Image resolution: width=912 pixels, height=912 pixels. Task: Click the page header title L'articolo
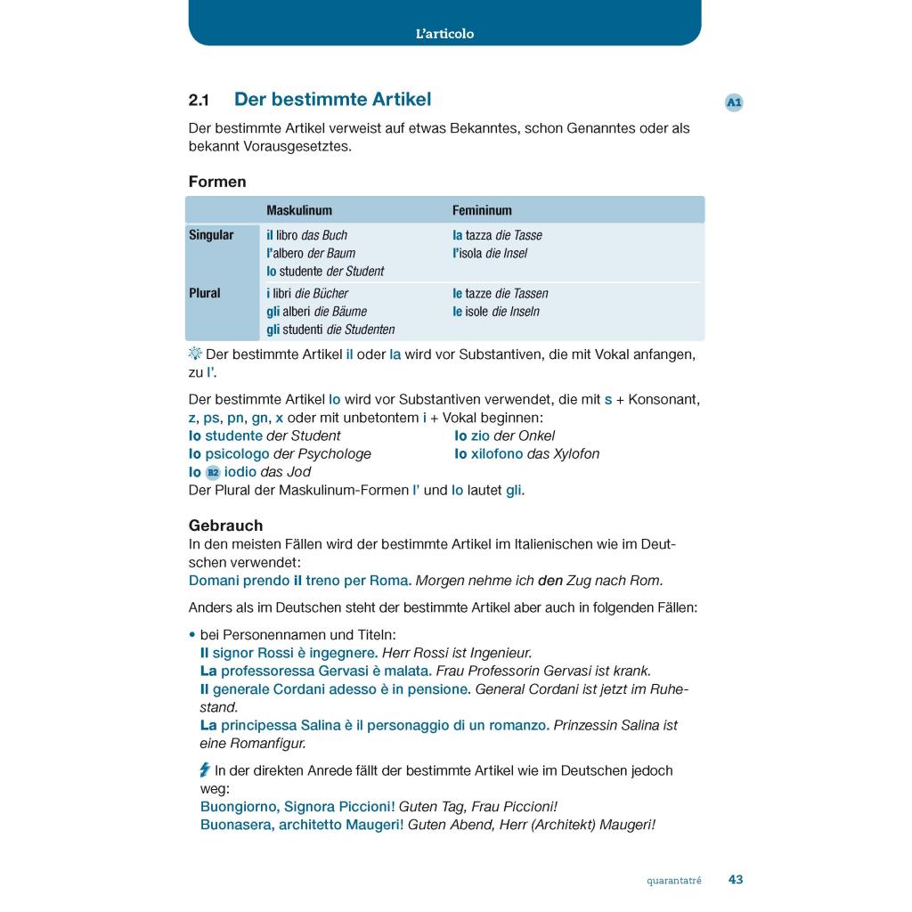(x=444, y=34)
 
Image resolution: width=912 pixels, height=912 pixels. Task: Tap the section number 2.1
(x=199, y=101)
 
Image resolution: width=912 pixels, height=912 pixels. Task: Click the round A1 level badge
(x=734, y=102)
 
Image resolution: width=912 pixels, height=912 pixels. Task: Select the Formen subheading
(x=217, y=182)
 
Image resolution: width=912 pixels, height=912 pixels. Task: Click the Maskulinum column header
(x=299, y=210)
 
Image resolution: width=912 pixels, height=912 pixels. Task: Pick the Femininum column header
(x=482, y=210)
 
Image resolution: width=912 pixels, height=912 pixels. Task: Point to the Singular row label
(x=211, y=235)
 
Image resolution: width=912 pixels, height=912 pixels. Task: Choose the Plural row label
(x=205, y=293)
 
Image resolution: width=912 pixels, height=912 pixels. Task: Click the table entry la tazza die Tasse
(x=497, y=235)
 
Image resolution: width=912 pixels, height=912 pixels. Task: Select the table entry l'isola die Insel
(x=490, y=253)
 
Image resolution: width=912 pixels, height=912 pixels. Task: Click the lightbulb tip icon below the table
(x=196, y=354)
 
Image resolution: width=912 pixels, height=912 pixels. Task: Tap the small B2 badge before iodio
(x=213, y=472)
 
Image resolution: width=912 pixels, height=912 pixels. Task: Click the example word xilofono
(x=497, y=453)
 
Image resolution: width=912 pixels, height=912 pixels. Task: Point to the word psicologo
(x=237, y=453)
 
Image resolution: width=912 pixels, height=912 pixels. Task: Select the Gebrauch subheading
(x=225, y=525)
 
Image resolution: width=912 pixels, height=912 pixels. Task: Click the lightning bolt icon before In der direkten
(x=205, y=770)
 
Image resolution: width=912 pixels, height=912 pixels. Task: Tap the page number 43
(x=736, y=879)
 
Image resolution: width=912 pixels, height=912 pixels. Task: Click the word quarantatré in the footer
(x=674, y=881)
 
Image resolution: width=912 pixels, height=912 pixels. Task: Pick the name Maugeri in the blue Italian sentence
(x=373, y=825)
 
